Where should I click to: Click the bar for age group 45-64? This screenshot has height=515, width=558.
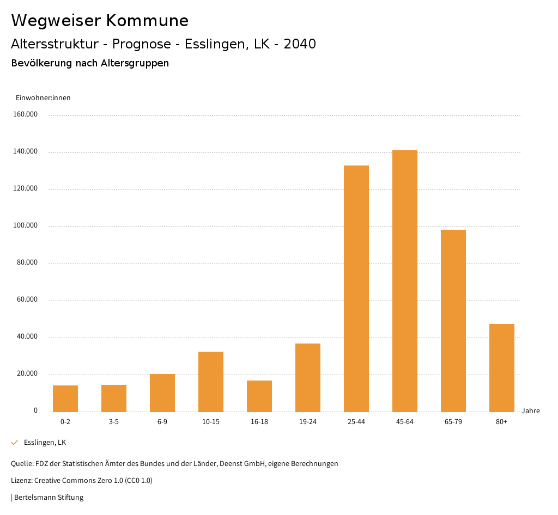point(404,281)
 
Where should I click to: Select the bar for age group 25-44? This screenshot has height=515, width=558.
point(356,289)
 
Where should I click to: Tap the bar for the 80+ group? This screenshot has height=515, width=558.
point(501,368)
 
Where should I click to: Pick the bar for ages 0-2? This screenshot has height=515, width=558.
point(65,398)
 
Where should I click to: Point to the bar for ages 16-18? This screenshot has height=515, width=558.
point(259,396)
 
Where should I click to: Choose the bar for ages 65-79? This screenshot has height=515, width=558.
point(453,321)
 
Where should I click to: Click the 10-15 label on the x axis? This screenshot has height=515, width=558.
point(211,422)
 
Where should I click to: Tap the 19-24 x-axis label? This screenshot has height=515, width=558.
point(308,422)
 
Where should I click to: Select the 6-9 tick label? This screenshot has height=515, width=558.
point(162,422)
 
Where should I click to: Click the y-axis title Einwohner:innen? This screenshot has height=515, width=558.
point(43,98)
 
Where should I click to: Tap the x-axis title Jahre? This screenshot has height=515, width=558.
point(531,411)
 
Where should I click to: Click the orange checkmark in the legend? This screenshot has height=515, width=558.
point(15,443)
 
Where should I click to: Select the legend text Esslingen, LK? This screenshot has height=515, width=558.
point(45,443)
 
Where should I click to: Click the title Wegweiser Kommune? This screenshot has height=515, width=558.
point(100,21)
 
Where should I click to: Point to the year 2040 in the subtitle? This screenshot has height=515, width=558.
point(300,44)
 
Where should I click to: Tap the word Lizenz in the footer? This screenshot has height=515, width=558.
point(21,481)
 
